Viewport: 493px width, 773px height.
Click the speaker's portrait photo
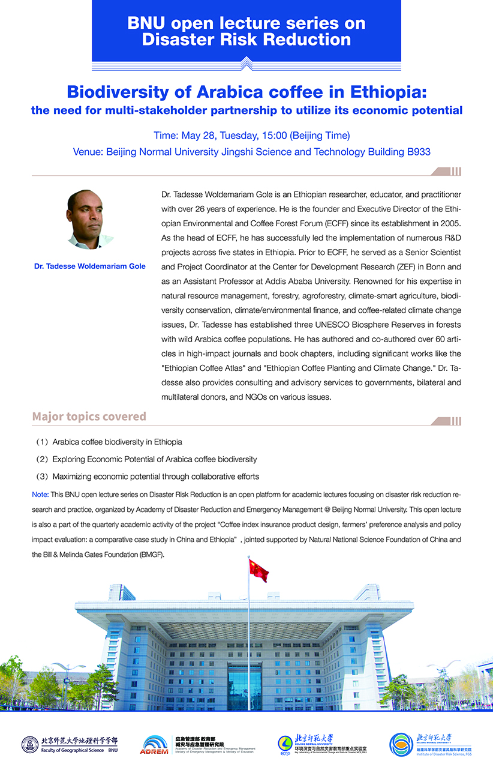pos(89,220)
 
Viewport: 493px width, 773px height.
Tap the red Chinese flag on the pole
pos(258,570)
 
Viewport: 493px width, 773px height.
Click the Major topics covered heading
pos(89,417)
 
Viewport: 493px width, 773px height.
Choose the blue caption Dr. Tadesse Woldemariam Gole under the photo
pos(90,266)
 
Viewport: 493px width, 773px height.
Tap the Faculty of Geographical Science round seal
pos(30,745)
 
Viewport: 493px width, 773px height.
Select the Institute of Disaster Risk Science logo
pos(401,744)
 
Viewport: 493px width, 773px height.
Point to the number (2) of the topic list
pos(42,459)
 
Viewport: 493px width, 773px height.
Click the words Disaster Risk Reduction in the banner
pos(246,40)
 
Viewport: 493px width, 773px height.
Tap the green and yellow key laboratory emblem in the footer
pos(285,745)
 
